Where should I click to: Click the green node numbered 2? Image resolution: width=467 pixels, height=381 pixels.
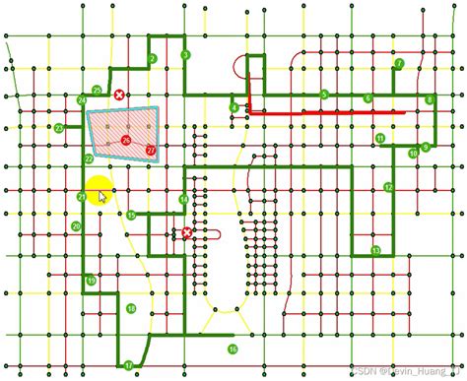pyautogui.click(x=153, y=59)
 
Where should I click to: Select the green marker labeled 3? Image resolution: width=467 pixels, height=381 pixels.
pyautogui.click(x=185, y=55)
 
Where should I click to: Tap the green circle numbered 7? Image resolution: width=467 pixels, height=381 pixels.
pyautogui.click(x=399, y=64)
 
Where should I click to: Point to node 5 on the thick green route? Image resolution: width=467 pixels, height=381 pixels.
pyautogui.click(x=324, y=95)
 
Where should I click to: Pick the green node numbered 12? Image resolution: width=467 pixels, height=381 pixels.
pyautogui.click(x=389, y=187)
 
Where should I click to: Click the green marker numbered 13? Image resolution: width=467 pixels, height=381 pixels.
pyautogui.click(x=375, y=251)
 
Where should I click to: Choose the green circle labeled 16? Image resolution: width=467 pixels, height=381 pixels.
pyautogui.click(x=233, y=349)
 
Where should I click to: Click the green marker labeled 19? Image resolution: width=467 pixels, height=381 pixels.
pyautogui.click(x=92, y=282)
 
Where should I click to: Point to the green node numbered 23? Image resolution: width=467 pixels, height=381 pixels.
pyautogui.click(x=59, y=129)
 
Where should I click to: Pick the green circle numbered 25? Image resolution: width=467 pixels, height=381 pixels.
pyautogui.click(x=97, y=91)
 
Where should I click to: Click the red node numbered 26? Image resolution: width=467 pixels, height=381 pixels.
pyautogui.click(x=126, y=141)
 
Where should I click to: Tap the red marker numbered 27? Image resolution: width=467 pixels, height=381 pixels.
pyautogui.click(x=151, y=150)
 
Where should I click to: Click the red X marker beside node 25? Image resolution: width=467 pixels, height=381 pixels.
pyautogui.click(x=119, y=95)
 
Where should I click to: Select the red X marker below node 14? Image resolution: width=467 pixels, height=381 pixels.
pyautogui.click(x=187, y=233)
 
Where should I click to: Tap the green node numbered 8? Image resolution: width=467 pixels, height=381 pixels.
pyautogui.click(x=430, y=100)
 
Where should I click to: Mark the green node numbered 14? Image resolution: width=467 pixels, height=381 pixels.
pyautogui.click(x=183, y=200)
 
